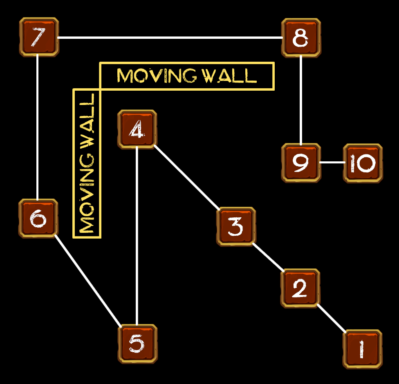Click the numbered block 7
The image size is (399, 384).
39,37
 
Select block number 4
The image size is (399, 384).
137,129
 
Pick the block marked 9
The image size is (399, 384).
301,163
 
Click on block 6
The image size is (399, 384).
38,219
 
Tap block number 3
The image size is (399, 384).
235,226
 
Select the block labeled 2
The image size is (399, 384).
300,288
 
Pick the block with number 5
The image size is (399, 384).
137,344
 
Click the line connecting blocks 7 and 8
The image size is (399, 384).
170,38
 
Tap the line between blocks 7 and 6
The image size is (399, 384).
38,127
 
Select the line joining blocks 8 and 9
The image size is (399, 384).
301,100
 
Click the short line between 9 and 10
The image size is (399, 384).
332,163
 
